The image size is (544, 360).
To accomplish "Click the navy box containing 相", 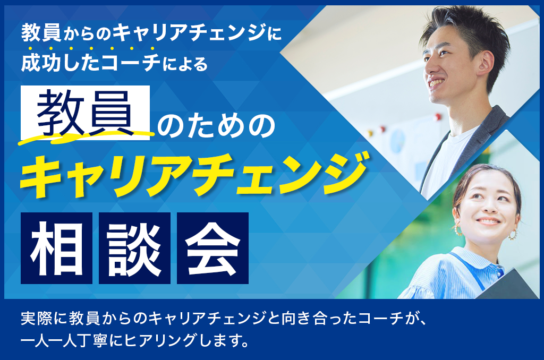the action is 56,248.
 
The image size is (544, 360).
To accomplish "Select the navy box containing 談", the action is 134,248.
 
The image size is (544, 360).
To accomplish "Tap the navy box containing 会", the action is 212,248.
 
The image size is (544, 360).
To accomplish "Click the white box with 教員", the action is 86,113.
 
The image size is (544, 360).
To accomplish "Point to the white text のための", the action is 216,126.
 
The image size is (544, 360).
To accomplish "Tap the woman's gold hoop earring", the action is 513,235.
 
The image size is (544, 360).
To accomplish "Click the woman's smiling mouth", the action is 489,221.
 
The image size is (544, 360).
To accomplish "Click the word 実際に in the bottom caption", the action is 44,319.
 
